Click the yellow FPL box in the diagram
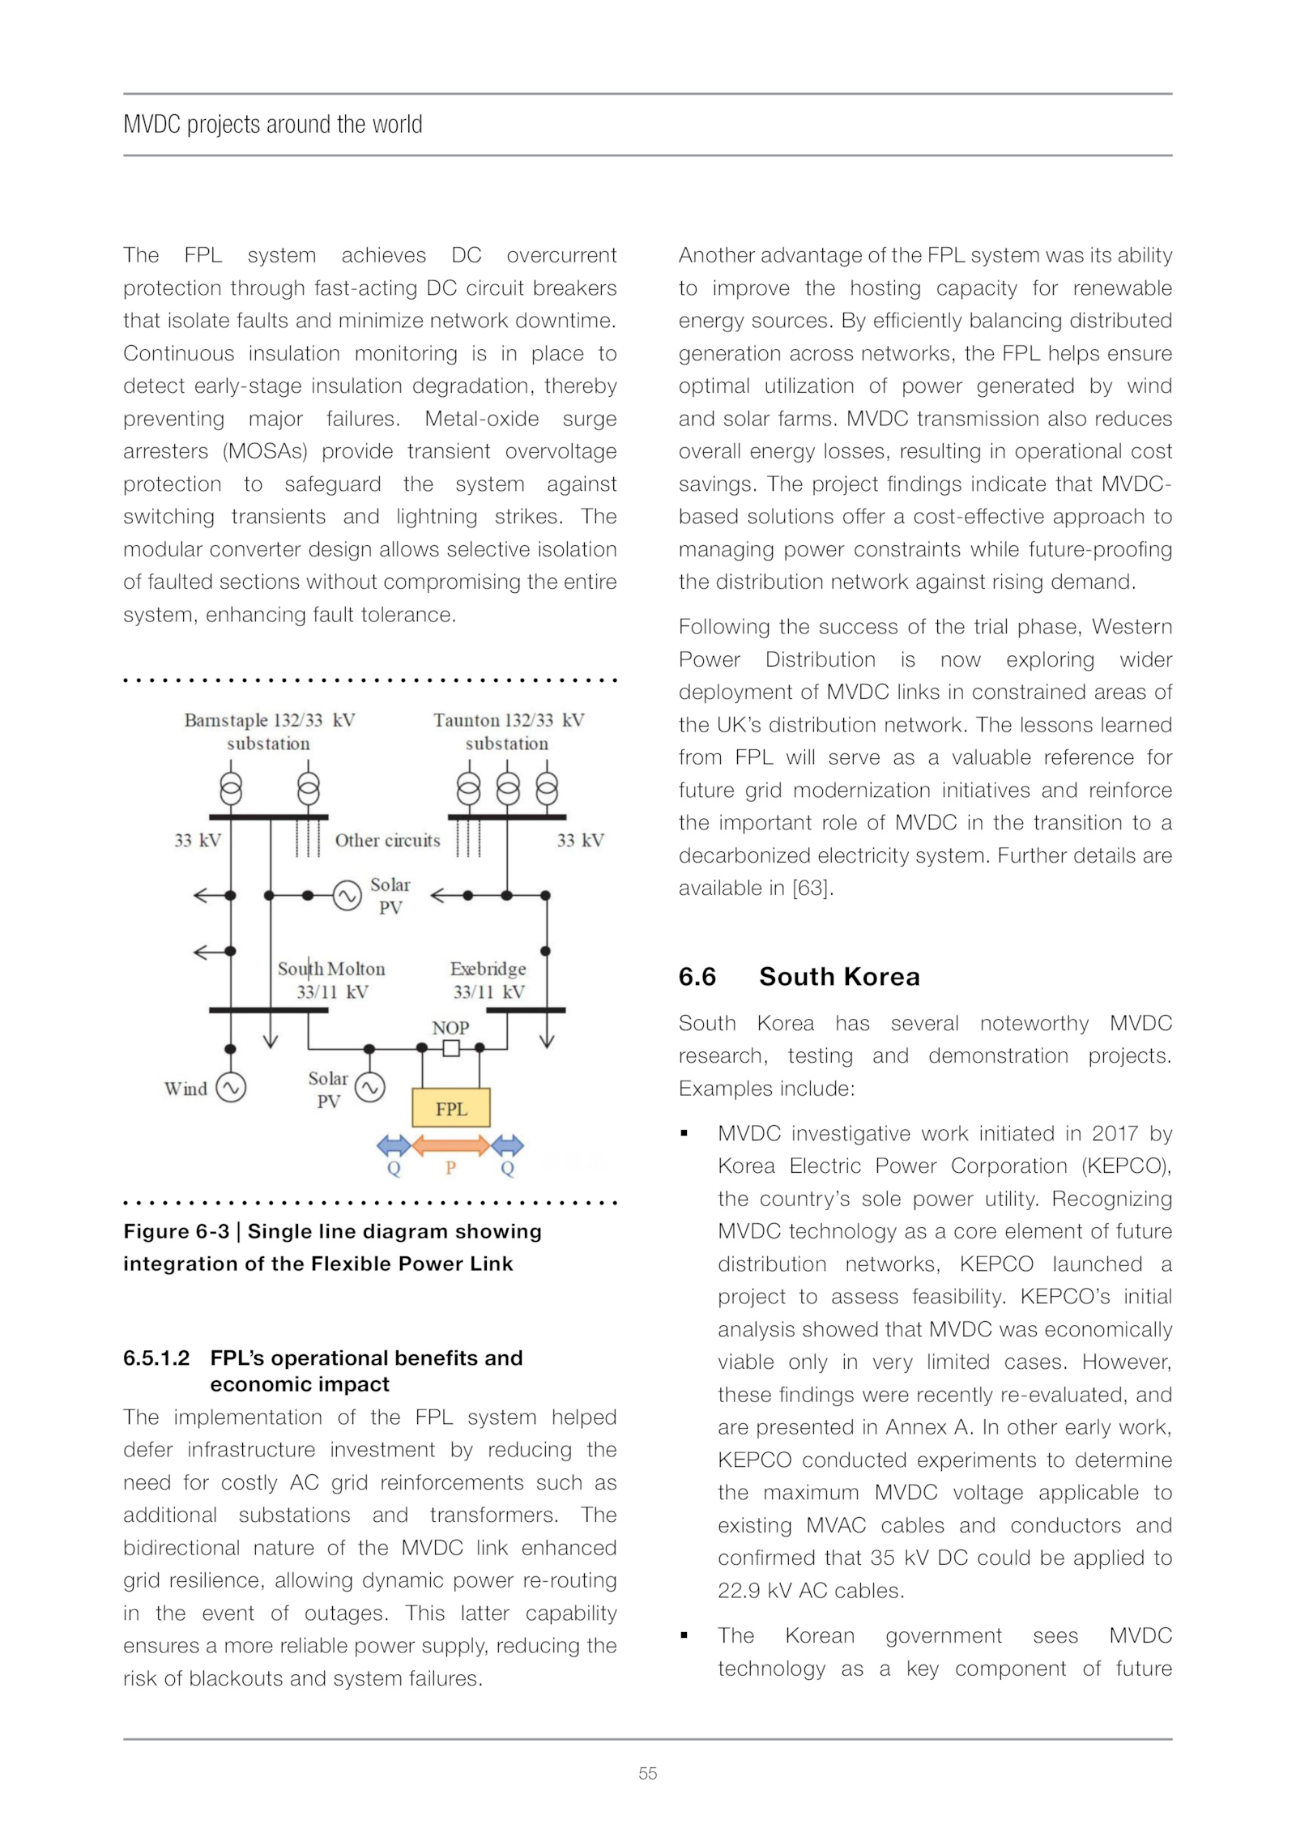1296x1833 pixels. point(451,1108)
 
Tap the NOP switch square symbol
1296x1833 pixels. point(451,1048)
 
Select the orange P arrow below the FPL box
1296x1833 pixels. point(450,1145)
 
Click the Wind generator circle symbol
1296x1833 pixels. point(231,1088)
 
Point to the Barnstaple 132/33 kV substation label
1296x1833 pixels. point(269,731)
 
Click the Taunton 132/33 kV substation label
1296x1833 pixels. point(508,731)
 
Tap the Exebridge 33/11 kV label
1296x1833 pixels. point(488,979)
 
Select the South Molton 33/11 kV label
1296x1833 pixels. point(331,979)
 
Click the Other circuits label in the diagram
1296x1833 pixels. point(387,840)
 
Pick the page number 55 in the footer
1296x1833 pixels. point(647,1773)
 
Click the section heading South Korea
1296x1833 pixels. point(839,977)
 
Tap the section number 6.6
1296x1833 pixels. point(697,977)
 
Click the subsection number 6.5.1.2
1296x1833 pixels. point(156,1358)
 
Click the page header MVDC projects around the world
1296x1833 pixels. point(273,124)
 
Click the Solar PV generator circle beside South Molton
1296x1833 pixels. point(370,1088)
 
